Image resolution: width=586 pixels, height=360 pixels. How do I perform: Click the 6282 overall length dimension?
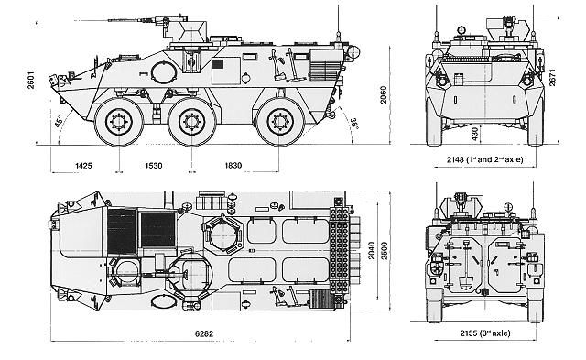(x=204, y=333)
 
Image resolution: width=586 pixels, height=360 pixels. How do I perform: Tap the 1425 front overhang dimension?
(x=83, y=166)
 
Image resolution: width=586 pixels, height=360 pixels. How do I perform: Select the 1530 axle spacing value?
(x=154, y=166)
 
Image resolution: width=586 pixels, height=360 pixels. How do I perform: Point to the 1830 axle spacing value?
(x=233, y=165)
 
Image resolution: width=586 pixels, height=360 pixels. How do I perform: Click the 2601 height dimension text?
(x=30, y=80)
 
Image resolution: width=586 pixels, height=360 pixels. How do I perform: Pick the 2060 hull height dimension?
(x=384, y=94)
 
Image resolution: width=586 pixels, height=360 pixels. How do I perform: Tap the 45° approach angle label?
(x=59, y=122)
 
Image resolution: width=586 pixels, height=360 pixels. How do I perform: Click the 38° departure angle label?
(x=354, y=123)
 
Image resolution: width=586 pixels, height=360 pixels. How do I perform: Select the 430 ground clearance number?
(x=474, y=135)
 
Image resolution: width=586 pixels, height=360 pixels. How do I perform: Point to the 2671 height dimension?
(x=553, y=77)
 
